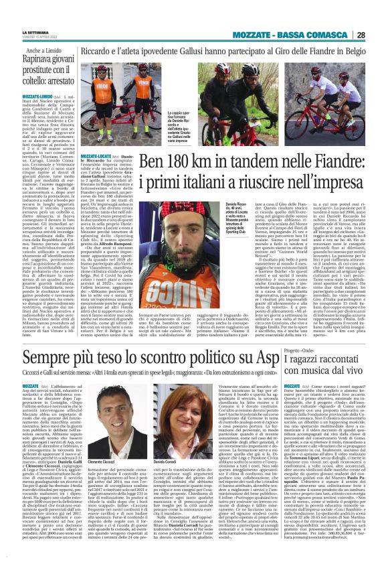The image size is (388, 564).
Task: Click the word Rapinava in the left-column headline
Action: tap(47, 60)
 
